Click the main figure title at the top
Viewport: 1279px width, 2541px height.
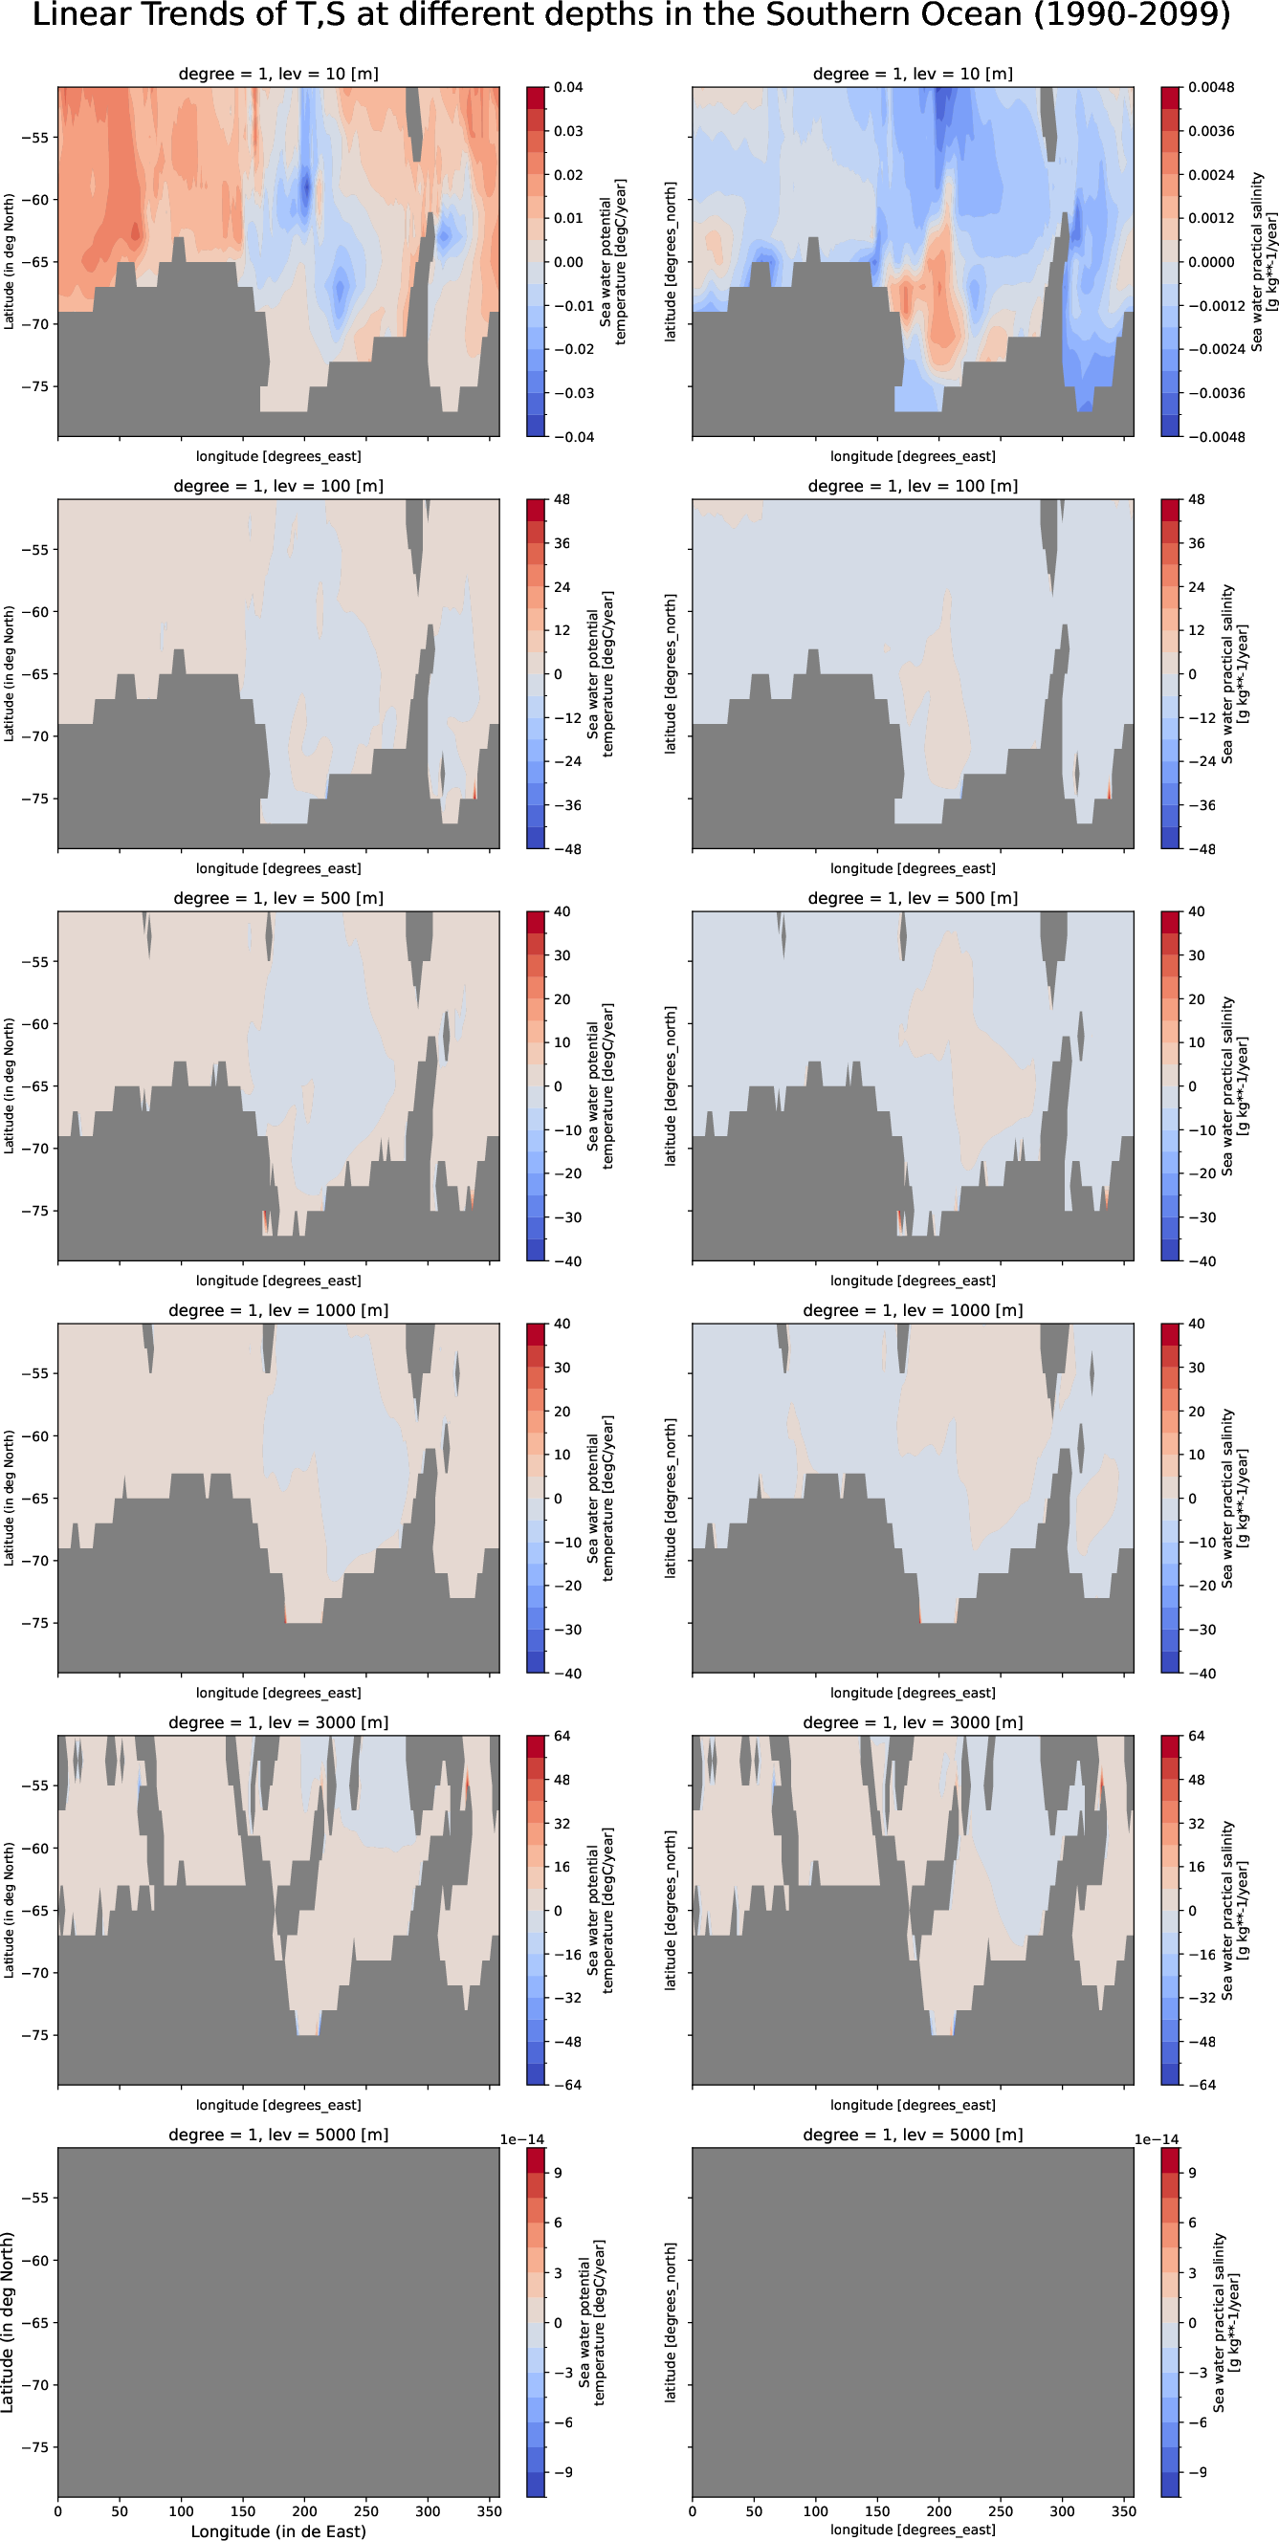click(631, 16)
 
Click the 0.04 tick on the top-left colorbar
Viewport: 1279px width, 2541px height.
click(567, 88)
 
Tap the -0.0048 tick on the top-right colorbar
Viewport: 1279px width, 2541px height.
click(1216, 437)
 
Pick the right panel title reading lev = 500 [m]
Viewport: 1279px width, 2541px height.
click(913, 899)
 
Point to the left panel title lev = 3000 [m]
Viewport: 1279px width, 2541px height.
click(278, 1722)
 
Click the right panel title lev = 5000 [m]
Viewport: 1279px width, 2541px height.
click(913, 2135)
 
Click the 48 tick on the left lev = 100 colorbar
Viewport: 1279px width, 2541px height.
click(562, 500)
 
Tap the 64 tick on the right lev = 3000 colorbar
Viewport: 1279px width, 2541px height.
click(1196, 1736)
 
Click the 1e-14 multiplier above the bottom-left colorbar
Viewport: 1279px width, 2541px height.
click(521, 2139)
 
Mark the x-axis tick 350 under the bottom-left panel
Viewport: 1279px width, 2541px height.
click(489, 2511)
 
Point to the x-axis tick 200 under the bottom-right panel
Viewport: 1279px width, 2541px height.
click(938, 2511)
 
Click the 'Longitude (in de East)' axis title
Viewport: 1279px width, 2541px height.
click(278, 2531)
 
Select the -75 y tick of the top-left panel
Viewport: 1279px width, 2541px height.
click(34, 386)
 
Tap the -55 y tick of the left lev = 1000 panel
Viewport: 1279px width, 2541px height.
click(34, 1374)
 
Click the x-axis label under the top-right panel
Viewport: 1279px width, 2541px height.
click(913, 457)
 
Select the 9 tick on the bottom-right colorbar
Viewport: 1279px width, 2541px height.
click(1192, 2173)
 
